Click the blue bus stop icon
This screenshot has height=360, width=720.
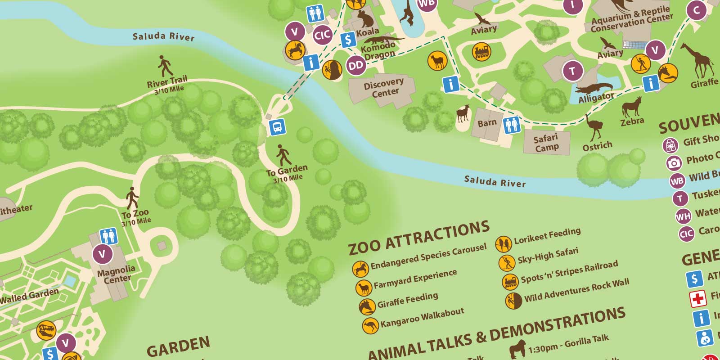point(277,127)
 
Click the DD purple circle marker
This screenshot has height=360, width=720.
point(355,66)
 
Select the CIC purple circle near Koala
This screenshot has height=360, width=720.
point(322,35)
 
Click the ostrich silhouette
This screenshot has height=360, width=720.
point(594,127)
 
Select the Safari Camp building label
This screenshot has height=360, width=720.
point(546,143)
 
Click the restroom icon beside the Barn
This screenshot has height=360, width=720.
point(512,124)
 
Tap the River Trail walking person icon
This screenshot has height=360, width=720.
point(165,66)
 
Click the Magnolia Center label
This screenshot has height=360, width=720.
point(117,274)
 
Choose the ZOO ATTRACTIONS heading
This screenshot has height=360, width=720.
point(418,238)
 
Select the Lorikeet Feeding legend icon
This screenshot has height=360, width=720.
point(504,244)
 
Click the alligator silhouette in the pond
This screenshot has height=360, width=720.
point(594,87)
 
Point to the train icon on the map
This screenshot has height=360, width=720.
point(481,52)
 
